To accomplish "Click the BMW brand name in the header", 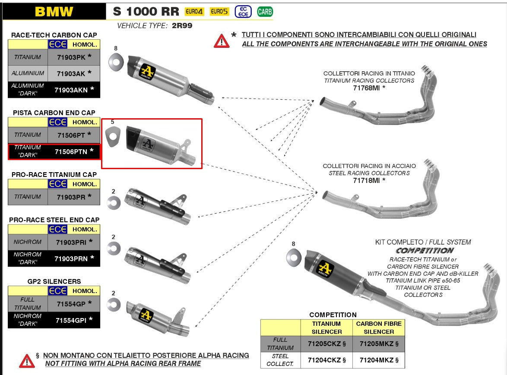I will (x=54, y=11).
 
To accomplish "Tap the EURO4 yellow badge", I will (x=194, y=12).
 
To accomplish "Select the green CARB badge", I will (x=265, y=12).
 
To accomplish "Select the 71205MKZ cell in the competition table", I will (x=379, y=343).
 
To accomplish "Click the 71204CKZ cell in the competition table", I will (x=326, y=360).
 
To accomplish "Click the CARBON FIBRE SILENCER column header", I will (x=379, y=328).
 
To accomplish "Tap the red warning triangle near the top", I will (x=222, y=40).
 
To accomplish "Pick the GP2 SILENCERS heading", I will (x=54, y=281).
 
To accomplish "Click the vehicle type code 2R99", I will (x=181, y=26).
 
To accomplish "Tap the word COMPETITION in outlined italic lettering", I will (x=425, y=251).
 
